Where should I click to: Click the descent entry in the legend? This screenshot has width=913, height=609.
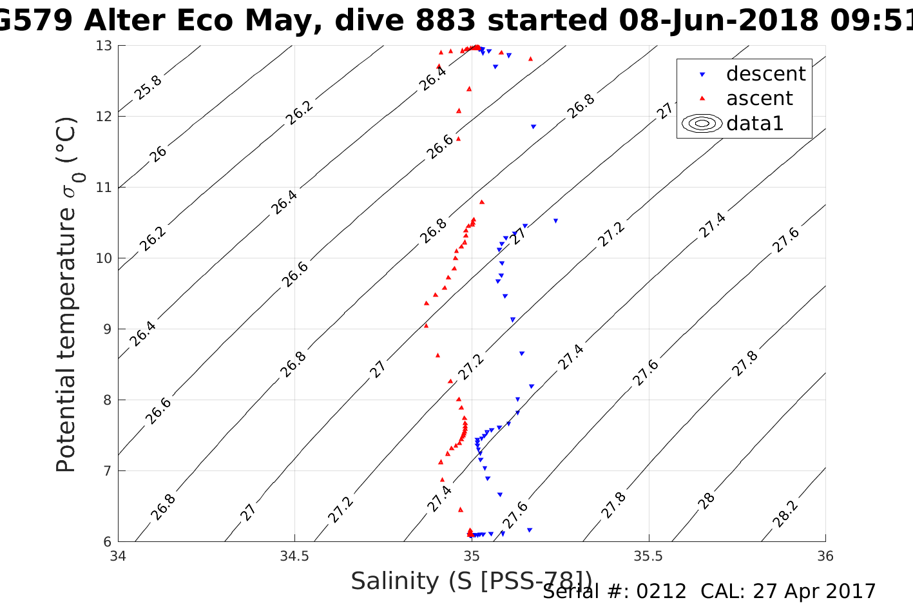click(x=765, y=74)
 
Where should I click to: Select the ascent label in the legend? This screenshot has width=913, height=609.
click(x=759, y=99)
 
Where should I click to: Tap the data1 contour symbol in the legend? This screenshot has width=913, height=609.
click(x=702, y=123)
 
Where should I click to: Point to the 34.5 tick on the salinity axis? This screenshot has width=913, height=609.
click(x=294, y=556)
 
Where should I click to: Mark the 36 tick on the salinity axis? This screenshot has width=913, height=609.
click(x=825, y=556)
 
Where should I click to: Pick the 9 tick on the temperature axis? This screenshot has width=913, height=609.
click(x=108, y=329)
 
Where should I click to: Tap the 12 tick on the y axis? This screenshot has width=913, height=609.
click(x=104, y=117)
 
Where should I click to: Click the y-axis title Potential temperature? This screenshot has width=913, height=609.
click(x=66, y=295)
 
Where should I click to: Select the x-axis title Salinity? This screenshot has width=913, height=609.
click(x=470, y=581)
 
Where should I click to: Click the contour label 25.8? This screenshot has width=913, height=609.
click(x=148, y=88)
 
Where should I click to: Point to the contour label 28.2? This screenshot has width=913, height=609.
click(x=785, y=514)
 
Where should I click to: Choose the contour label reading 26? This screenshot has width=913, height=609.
click(x=158, y=153)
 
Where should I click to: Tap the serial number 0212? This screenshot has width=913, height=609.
click(x=661, y=592)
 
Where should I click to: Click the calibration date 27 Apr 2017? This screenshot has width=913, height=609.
click(x=811, y=592)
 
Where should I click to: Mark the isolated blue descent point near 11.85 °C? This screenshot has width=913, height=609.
click(x=533, y=126)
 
